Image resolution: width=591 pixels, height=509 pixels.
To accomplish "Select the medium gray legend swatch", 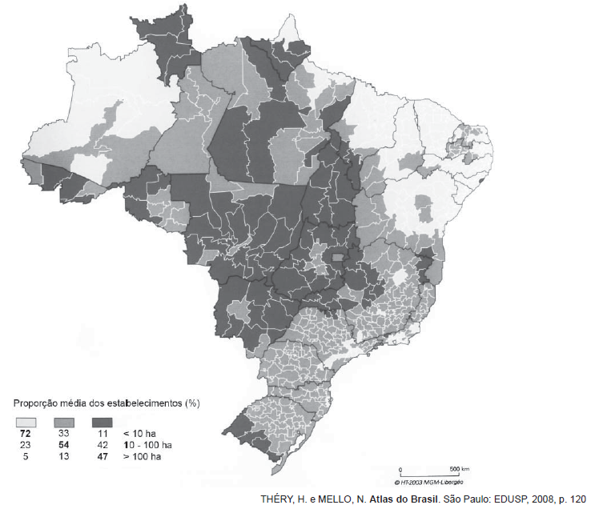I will coord(65,420).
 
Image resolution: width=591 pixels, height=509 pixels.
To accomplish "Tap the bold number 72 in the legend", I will coord(26,433).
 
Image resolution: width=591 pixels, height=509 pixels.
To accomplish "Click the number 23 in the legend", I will coord(26,444).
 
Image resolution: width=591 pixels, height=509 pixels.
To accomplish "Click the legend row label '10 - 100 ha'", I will coord(148,444).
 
